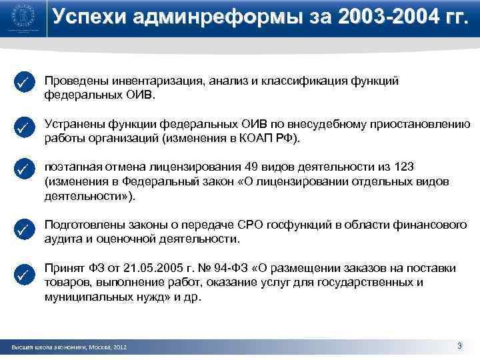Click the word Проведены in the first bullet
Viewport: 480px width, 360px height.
(x=73, y=81)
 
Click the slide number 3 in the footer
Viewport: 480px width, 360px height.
(x=459, y=345)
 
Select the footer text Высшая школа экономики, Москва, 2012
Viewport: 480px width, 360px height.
(x=69, y=348)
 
